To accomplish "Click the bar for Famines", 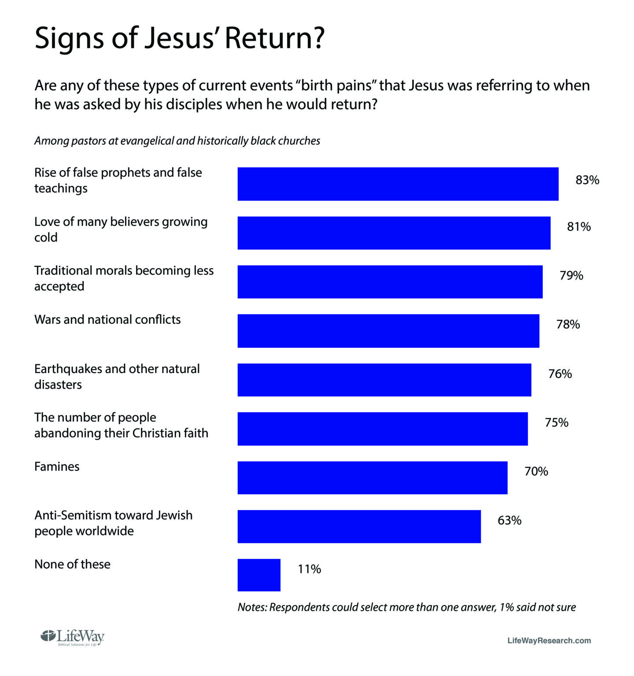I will click(x=372, y=478).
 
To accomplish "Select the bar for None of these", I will click(x=259, y=575).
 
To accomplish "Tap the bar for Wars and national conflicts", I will click(x=388, y=331).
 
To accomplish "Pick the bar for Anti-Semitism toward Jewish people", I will click(x=359, y=526).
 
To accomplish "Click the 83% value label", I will click(x=587, y=180).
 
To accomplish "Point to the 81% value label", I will click(x=579, y=227).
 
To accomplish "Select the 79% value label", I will click(x=571, y=276).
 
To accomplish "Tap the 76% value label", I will click(x=560, y=374).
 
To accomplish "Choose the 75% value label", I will click(x=557, y=422).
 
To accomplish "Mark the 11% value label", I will click(x=310, y=569).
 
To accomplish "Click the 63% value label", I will click(x=509, y=520).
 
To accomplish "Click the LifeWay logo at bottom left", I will click(x=73, y=638).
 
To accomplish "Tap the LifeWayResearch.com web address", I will click(x=549, y=640).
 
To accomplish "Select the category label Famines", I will click(x=57, y=467).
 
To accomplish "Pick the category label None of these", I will click(x=72, y=564).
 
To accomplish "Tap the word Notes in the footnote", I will click(x=252, y=607).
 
